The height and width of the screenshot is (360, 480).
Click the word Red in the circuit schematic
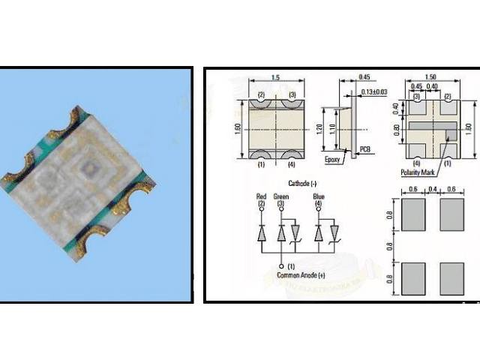coord(262,196)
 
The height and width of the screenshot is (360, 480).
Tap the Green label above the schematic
coord(283,196)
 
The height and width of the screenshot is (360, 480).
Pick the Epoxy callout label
coord(334,160)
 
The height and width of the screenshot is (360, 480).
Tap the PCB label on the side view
coord(364,149)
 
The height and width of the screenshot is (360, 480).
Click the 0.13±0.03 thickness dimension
coord(373,92)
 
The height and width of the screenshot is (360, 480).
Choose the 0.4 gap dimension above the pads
coord(433,189)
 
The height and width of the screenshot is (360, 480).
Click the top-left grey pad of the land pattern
coord(413,214)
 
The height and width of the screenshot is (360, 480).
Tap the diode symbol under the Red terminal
coord(262,233)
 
